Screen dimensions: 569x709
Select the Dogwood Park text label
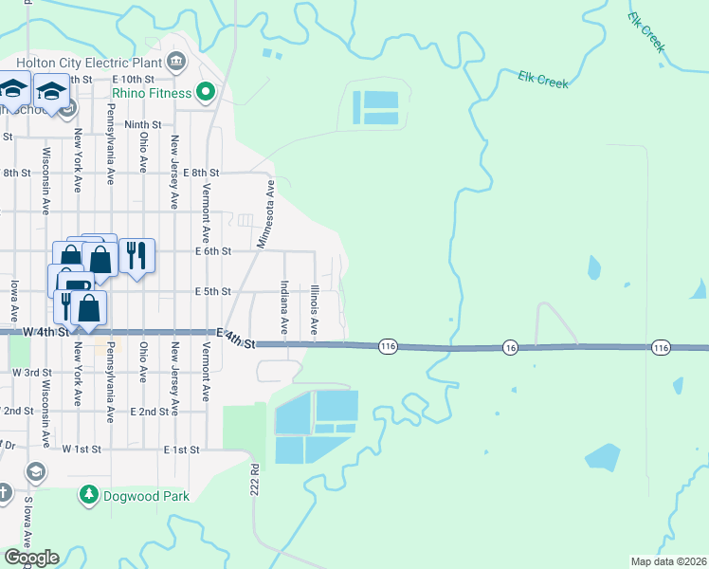[x=147, y=495]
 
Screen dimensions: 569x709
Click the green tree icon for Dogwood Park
[x=89, y=495]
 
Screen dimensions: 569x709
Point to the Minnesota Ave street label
[x=265, y=215]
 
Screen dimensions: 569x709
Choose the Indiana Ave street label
[x=283, y=306]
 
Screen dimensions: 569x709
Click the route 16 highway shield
[x=510, y=347]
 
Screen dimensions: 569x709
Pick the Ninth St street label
[x=143, y=124]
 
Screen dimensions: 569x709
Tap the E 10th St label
[x=132, y=79]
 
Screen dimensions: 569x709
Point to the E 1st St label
[x=181, y=449]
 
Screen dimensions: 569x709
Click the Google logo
[x=31, y=558]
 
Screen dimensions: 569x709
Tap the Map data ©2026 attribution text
[x=668, y=561]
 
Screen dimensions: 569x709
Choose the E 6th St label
[x=212, y=251]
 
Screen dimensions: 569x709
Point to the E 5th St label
[x=212, y=292]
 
